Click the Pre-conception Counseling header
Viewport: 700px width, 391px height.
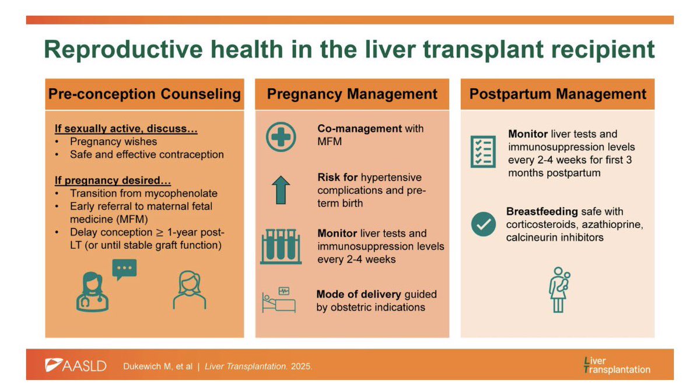(x=144, y=94)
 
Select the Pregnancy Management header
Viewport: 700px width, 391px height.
(x=352, y=94)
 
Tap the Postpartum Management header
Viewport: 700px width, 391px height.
(x=558, y=94)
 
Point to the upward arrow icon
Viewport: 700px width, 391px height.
(x=281, y=189)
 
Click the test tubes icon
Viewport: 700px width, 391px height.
(x=281, y=246)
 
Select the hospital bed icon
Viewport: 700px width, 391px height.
(x=279, y=300)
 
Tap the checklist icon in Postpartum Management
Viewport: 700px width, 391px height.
(x=483, y=152)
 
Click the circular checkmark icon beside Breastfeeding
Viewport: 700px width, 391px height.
(x=483, y=223)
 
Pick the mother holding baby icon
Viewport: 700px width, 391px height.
(x=559, y=290)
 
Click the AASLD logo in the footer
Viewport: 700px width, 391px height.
(x=76, y=366)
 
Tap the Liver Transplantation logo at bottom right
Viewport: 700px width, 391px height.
(x=617, y=365)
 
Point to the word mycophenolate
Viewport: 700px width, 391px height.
(x=185, y=193)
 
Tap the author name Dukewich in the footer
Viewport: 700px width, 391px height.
(x=145, y=367)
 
